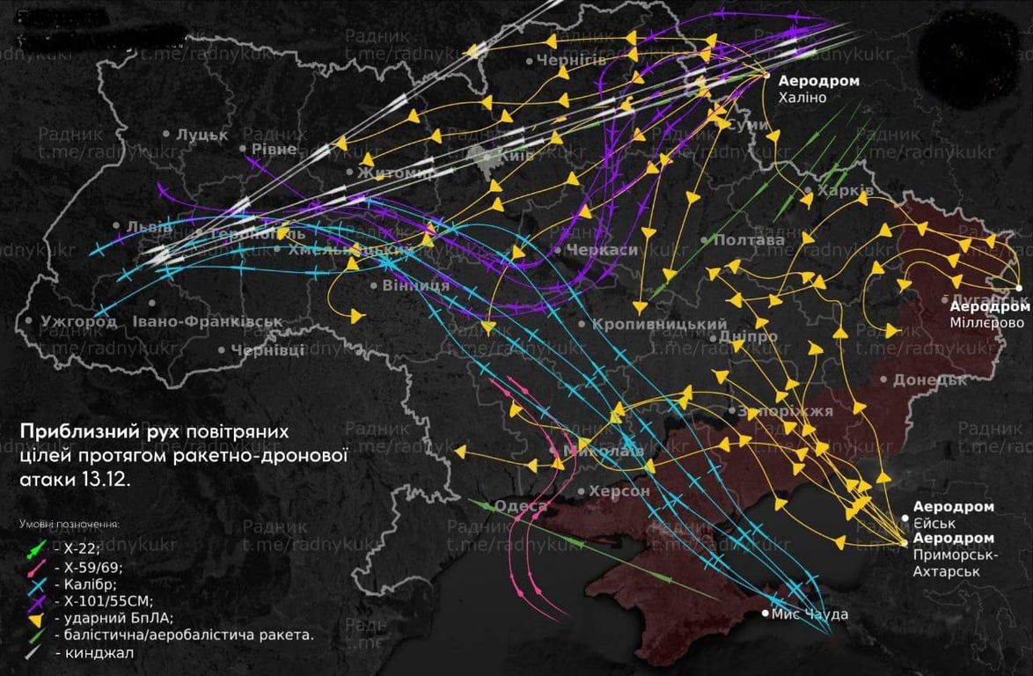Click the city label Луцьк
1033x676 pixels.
(201, 135)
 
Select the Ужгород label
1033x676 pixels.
(77, 322)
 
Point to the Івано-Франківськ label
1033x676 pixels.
(208, 322)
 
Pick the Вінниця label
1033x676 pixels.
(415, 286)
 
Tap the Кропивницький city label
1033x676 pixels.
(659, 325)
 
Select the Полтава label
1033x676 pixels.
(749, 240)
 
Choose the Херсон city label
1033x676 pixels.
(619, 491)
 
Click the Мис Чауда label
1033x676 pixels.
(810, 614)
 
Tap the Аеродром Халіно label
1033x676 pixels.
(817, 89)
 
